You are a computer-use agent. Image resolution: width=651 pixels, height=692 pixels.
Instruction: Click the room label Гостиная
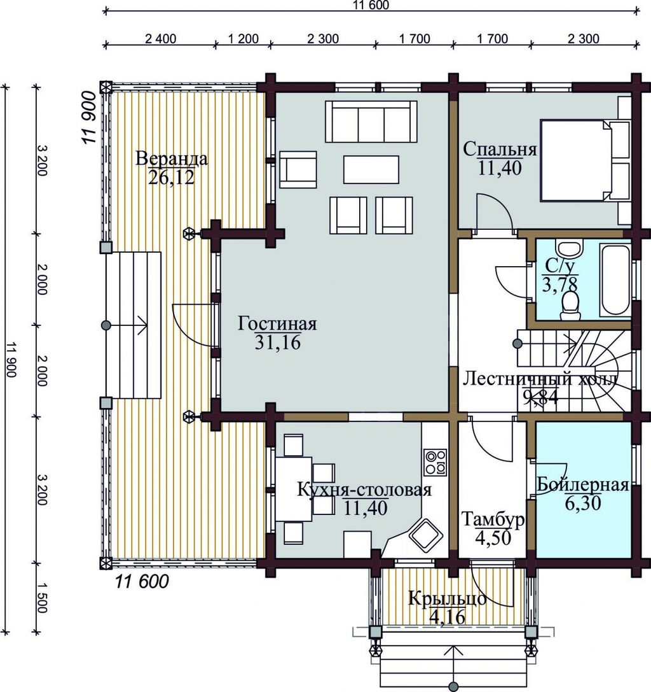(277, 323)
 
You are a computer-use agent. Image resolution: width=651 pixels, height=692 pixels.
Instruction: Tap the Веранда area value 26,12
(171, 177)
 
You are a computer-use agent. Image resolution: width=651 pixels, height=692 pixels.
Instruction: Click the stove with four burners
(435, 462)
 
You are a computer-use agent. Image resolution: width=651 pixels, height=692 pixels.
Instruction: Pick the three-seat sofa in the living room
(371, 122)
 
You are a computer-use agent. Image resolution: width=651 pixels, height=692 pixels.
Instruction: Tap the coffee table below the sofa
(371, 169)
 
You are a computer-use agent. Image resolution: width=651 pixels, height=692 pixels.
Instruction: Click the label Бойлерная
(582, 484)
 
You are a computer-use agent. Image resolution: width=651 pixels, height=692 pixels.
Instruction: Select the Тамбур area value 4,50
(493, 537)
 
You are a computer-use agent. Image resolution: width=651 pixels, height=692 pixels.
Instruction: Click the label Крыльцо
(447, 599)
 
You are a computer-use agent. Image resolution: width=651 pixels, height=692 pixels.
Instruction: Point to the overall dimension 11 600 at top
(371, 5)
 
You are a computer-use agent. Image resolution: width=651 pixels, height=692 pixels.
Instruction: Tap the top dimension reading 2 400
(160, 39)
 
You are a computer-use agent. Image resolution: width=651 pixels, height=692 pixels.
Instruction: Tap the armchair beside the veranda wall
(298, 170)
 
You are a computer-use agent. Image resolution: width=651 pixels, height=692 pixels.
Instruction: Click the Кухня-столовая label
(364, 490)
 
